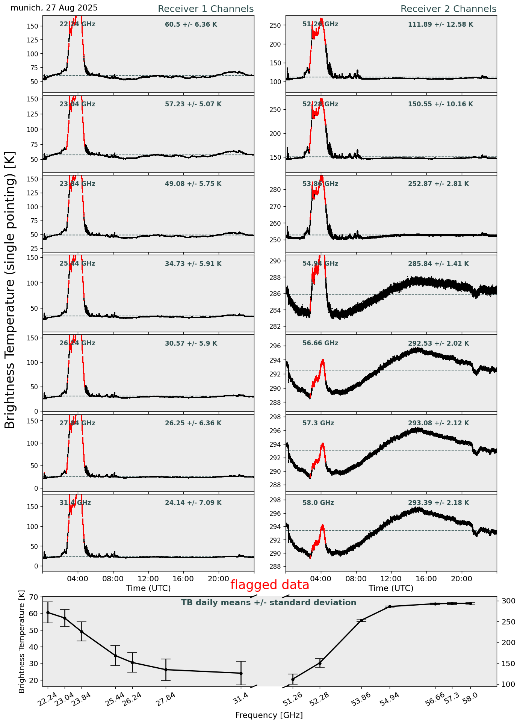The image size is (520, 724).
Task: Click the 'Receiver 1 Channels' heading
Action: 206,9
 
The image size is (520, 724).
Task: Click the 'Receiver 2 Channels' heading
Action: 448,9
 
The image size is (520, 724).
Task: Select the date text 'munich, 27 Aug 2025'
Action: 54,8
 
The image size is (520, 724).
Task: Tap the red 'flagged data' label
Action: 270,585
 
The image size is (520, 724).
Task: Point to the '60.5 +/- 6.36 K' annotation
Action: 191,25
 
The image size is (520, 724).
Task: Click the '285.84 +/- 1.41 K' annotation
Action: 438,264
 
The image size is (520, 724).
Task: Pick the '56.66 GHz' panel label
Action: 320,343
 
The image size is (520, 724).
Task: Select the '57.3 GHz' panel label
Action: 318,423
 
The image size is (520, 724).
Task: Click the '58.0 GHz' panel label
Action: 318,503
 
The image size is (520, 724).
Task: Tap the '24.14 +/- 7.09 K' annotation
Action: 193,503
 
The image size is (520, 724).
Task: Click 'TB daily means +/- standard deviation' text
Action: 269,603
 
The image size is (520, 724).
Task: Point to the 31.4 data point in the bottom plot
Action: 241,673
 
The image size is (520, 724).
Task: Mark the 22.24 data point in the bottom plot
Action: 48,612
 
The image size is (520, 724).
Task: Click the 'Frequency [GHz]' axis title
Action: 269,715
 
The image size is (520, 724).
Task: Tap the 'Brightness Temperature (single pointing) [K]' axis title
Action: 10,290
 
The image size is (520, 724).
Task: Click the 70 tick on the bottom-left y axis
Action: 33,597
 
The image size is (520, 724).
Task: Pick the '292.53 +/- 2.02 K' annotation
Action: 438,343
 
